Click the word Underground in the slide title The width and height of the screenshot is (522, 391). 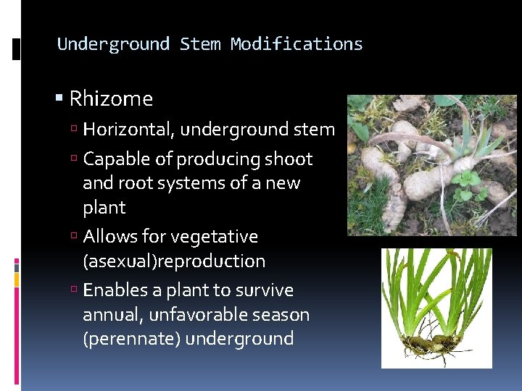click(113, 44)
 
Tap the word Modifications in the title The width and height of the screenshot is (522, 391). click(297, 44)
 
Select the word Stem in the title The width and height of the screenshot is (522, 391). click(200, 44)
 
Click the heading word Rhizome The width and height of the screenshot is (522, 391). click(111, 98)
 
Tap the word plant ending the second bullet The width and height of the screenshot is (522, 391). click(104, 208)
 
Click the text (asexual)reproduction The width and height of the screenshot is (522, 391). click(174, 261)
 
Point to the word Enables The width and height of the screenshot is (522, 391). click(116, 290)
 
